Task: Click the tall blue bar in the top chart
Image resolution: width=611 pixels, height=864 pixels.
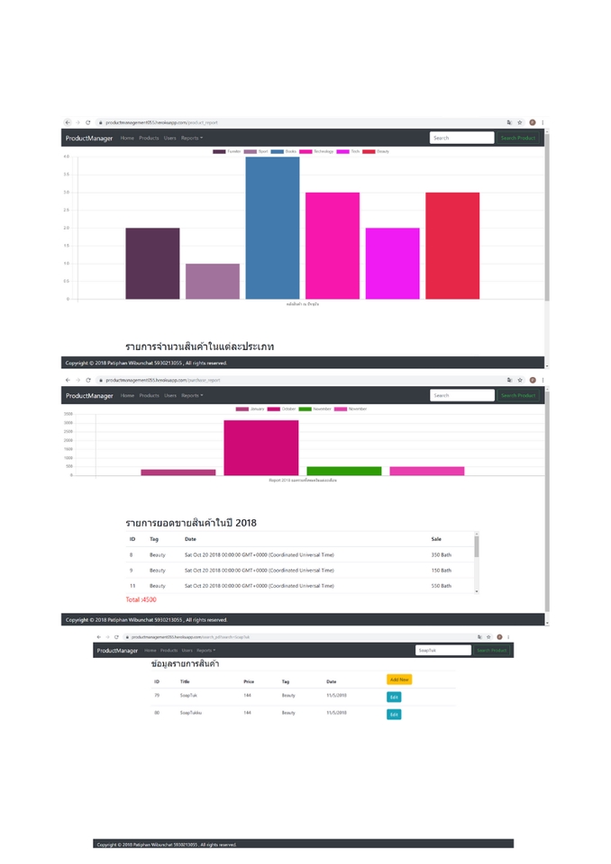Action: [x=272, y=228]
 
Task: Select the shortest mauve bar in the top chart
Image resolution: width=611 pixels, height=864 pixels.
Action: [x=213, y=281]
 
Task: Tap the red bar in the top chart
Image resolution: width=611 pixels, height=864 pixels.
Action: [x=452, y=245]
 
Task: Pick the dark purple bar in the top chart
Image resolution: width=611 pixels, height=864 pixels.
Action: [x=152, y=263]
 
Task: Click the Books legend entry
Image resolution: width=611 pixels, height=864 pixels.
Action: [x=284, y=151]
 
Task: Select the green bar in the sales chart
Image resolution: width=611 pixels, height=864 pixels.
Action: [x=344, y=471]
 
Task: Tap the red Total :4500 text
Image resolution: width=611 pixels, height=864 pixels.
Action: [x=141, y=599]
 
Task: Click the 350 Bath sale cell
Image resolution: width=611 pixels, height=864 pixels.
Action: [x=441, y=555]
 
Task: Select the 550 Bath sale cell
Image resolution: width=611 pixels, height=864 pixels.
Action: [x=441, y=586]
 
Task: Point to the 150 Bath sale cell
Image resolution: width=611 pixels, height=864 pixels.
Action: [x=441, y=571]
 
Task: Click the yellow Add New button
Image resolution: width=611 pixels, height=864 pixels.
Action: [x=399, y=679]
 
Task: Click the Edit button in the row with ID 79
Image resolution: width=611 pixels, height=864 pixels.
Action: [x=394, y=697]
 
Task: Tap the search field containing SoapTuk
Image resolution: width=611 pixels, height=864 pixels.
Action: [x=442, y=650]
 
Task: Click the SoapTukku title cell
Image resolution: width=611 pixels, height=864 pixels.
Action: [x=191, y=713]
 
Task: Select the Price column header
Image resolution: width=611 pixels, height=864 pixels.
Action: [x=249, y=681]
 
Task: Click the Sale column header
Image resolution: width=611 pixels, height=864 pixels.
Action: [x=436, y=539]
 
